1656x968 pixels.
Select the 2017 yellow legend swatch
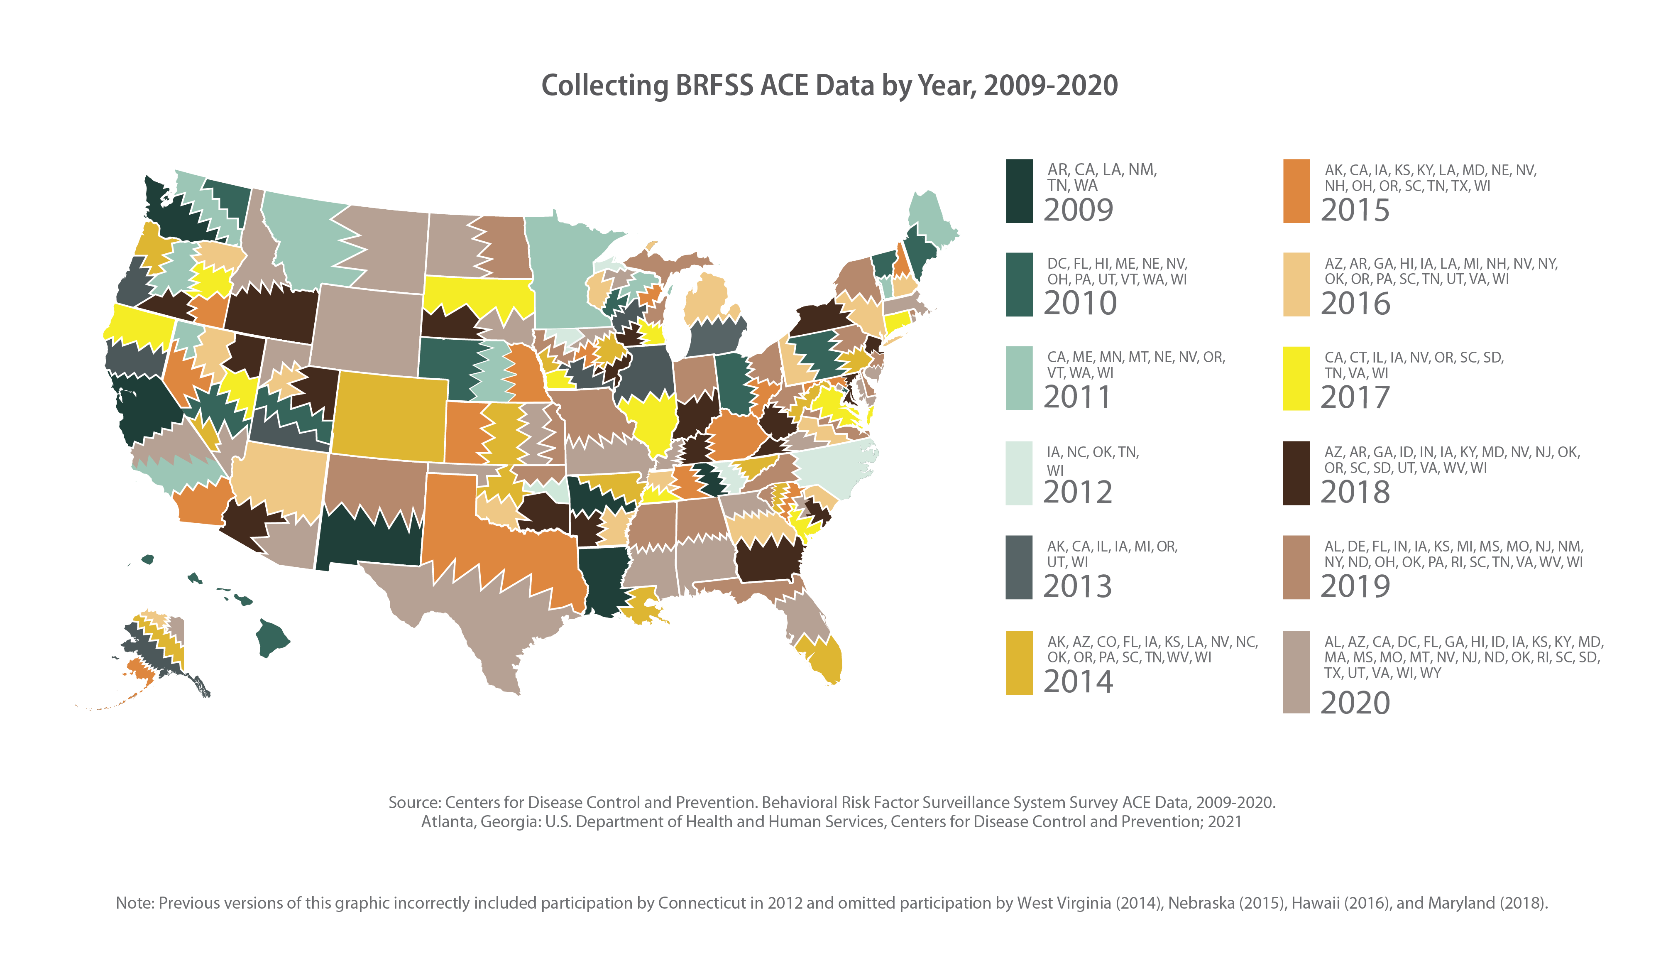tap(1296, 379)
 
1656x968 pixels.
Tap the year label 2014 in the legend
tap(1078, 681)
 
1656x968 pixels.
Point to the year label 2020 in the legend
tap(1355, 703)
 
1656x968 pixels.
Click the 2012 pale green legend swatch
tap(1019, 473)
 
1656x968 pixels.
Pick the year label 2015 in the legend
tap(1355, 210)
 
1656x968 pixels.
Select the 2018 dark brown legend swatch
tap(1296, 473)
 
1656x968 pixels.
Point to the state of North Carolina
tap(834, 470)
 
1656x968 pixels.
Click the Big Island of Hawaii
tap(271, 636)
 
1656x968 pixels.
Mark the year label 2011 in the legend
tap(1076, 397)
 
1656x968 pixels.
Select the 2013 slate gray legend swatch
tap(1019, 567)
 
